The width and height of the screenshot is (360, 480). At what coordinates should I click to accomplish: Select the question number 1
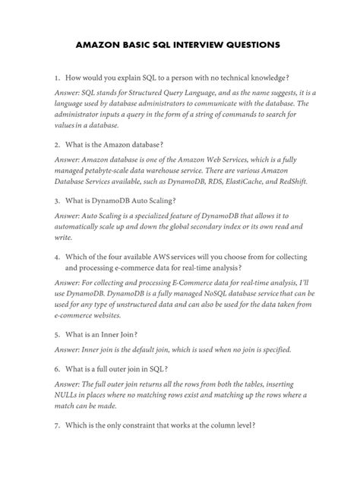(56, 79)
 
